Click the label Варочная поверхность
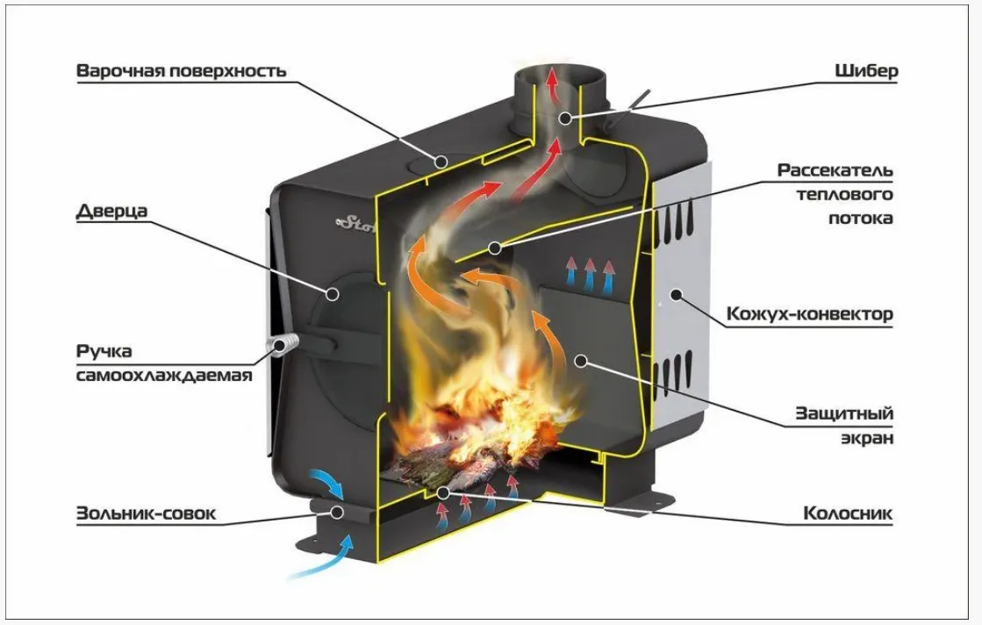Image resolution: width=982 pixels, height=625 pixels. (181, 70)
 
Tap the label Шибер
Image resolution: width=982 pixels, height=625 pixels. (866, 70)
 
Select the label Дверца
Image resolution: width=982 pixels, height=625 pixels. (111, 212)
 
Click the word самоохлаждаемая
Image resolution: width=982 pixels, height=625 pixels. (163, 376)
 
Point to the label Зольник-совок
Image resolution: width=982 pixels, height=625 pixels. (145, 514)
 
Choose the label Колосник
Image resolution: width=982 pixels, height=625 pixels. (848, 514)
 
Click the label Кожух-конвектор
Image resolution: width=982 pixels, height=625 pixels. (809, 314)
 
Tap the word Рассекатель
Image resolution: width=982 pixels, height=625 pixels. (835, 170)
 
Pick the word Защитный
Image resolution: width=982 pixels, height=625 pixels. (844, 413)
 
